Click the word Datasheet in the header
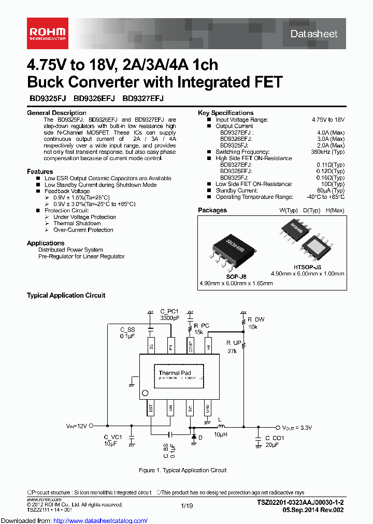pos(314,34)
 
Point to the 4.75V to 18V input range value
pos(328,120)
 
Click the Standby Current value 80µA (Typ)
pos(331,191)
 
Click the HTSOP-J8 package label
pos(307,267)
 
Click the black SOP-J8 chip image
pos(236,250)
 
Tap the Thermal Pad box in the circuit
pos(175,373)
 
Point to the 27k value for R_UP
pos(232,351)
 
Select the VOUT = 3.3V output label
pos(297,428)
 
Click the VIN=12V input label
pos(77,426)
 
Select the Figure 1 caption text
pos(183,470)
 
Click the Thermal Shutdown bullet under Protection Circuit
pos(77,223)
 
